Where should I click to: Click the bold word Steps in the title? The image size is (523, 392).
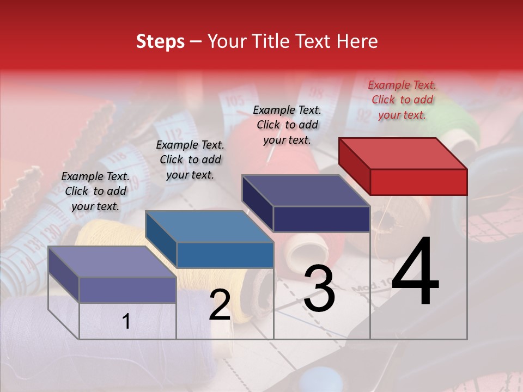(160, 41)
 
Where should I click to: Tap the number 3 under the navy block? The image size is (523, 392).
(319, 289)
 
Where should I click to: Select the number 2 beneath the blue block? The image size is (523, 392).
(220, 305)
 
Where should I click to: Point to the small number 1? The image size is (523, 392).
(126, 322)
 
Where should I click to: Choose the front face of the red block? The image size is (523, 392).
(418, 182)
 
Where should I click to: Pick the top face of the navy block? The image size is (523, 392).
(306, 191)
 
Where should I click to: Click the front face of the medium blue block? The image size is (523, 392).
(225, 255)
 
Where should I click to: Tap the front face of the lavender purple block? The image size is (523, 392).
(127, 290)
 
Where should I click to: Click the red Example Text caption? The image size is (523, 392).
(402, 100)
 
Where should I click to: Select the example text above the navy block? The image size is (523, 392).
(287, 125)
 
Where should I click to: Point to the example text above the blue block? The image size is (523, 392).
(190, 160)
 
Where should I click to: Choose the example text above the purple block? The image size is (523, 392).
(95, 191)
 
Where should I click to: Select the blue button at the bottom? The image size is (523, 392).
(315, 379)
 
